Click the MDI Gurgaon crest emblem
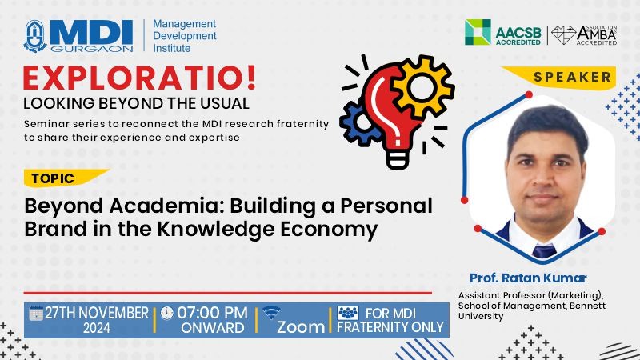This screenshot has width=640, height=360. tap(35, 36)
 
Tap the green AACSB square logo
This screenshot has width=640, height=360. tap(478, 32)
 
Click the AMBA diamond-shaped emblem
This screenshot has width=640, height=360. tap(564, 35)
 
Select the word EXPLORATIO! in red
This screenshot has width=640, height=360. tap(139, 78)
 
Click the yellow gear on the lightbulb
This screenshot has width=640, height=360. tap(422, 87)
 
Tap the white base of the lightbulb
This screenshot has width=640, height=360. tap(397, 158)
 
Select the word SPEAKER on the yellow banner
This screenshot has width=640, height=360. tap(572, 77)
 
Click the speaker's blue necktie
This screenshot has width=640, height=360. tap(545, 250)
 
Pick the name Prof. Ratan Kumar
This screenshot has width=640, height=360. tap(528, 278)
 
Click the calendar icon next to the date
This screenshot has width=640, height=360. tap(36, 313)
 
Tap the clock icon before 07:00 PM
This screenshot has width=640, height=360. tap(166, 313)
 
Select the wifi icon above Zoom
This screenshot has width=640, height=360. tap(271, 313)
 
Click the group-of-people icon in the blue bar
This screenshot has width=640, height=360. tap(348, 313)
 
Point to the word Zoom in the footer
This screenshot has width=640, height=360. tap(301, 327)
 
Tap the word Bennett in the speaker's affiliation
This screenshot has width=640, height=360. tap(587, 306)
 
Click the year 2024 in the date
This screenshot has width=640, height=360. tap(97, 328)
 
